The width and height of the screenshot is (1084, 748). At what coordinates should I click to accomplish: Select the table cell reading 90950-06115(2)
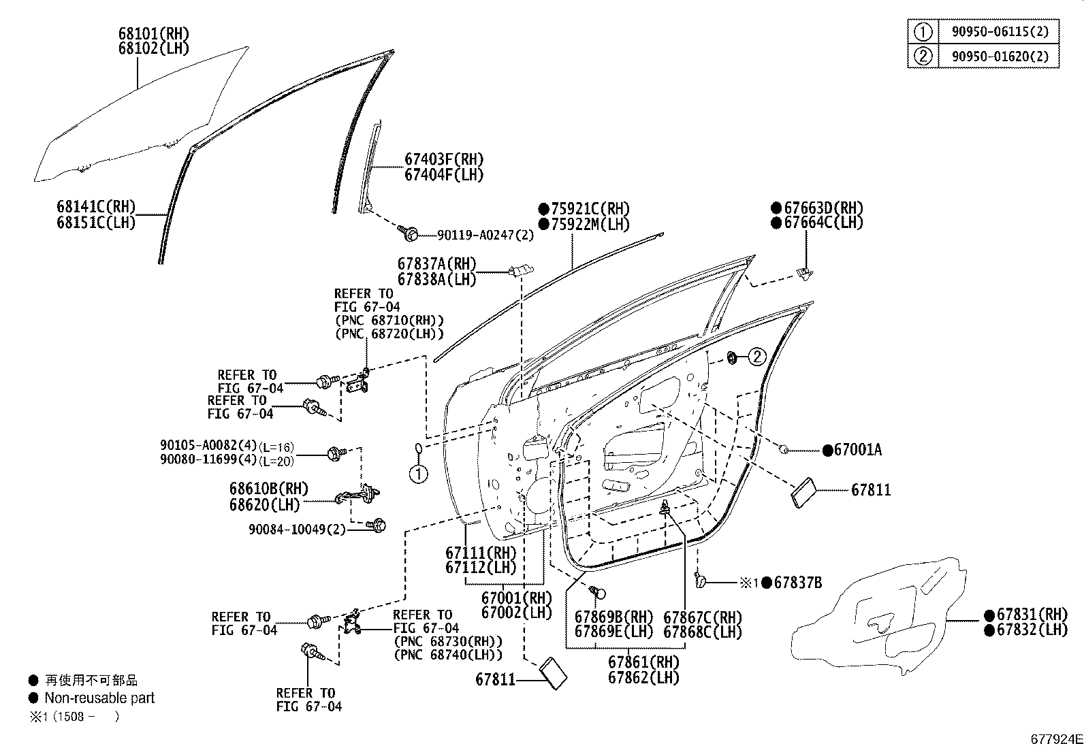pos(1000,31)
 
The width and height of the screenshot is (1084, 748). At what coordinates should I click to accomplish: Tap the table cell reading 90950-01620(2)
pos(1000,56)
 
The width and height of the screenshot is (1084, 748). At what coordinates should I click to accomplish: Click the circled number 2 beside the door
pos(758,356)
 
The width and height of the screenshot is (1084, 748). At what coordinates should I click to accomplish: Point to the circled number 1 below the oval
pos(419,473)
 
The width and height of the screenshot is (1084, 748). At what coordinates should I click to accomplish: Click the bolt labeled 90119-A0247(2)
pos(410,233)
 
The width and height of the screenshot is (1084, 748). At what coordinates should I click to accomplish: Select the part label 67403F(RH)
pos(444,160)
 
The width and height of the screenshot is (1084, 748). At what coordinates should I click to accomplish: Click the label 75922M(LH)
pos(590,224)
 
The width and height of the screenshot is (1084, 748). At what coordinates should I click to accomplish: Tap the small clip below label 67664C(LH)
pos(803,273)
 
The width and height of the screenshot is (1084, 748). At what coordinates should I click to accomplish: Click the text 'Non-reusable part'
pos(99,698)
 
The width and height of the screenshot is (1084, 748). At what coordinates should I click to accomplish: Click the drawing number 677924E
pos(1055,739)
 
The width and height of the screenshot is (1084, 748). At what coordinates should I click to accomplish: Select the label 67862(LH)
pos(643,678)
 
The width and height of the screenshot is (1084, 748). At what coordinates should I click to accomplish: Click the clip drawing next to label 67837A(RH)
pos(521,271)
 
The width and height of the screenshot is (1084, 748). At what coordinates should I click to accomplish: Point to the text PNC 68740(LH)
pos(448,655)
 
